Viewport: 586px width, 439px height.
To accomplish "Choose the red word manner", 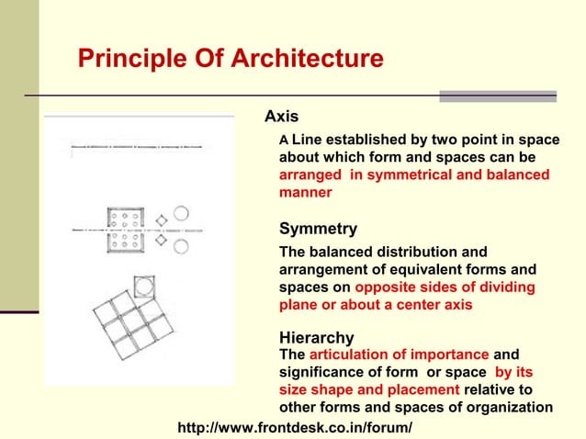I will click(305, 193).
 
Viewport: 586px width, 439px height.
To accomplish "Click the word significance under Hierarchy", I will click(323, 372).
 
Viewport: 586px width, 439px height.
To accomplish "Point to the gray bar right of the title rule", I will click(497, 96).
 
